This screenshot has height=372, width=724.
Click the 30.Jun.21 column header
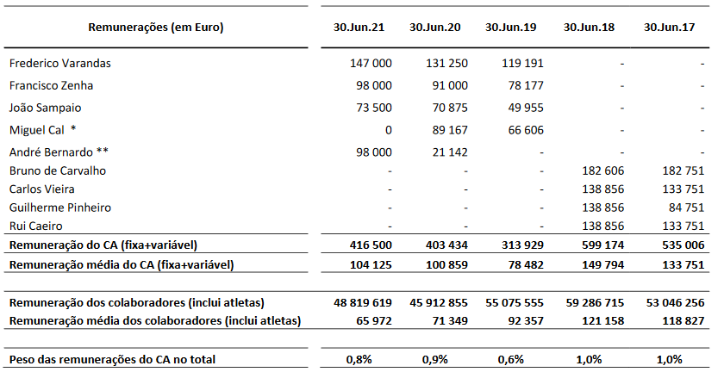pos(359,28)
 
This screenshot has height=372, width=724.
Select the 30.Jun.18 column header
pos(589,28)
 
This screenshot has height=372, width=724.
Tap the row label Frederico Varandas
pos(60,63)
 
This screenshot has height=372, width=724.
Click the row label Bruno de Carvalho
pos(58,170)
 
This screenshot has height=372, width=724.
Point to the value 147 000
pos(371,63)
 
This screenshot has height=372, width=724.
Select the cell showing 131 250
pos(446,63)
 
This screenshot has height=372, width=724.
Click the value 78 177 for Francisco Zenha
pos(526,85)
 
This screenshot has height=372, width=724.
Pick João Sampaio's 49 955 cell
pos(526,108)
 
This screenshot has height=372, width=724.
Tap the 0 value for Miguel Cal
pos(389,130)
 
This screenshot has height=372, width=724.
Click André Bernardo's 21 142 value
pos(450,152)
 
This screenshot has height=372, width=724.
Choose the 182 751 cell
pos(683,170)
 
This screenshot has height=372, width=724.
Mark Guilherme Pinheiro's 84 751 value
pos(687,208)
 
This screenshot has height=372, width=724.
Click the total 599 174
pos(603,245)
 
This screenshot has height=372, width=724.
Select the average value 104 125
pos(371,265)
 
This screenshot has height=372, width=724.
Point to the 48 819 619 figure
pos(363,303)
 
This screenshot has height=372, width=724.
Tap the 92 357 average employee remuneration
pos(526,320)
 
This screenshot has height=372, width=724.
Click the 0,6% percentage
pos(511,359)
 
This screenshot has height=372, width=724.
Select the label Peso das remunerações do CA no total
pos(112,359)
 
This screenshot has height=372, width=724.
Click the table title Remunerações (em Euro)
pos(156,28)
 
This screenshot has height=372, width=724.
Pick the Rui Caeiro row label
pos(35,226)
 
